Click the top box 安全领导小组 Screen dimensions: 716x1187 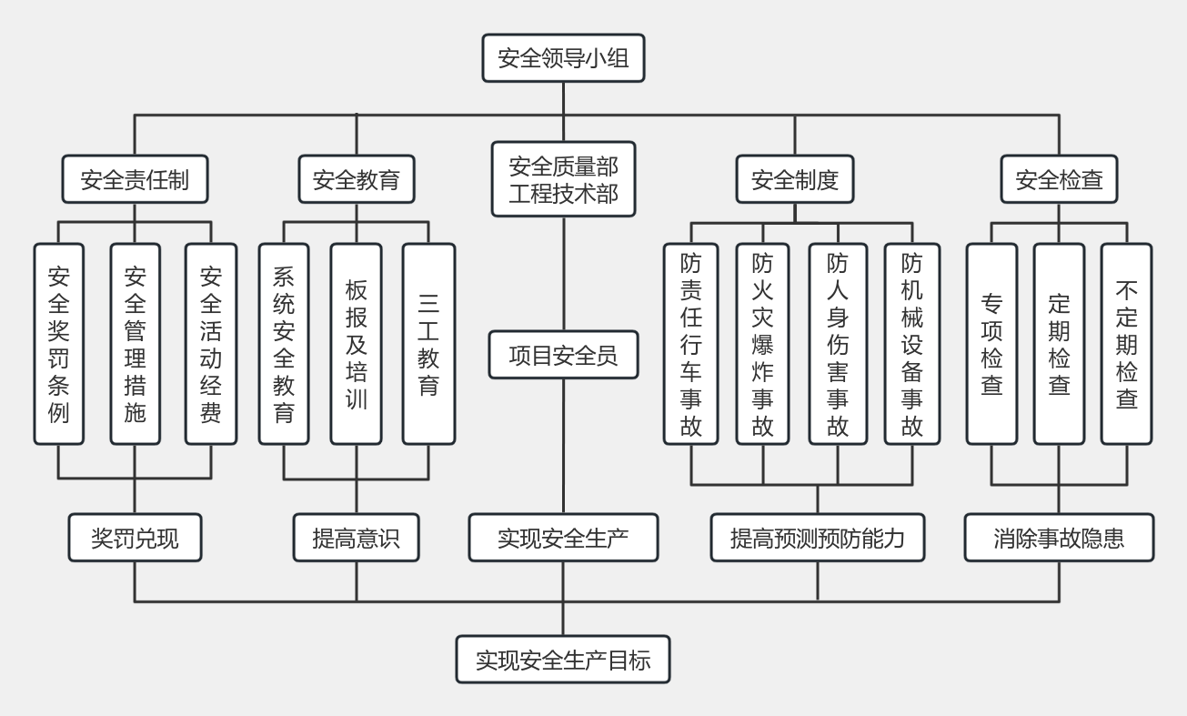563,59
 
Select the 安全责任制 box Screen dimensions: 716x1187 135,179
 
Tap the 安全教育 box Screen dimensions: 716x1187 356,179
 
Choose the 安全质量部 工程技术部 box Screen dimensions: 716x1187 563,179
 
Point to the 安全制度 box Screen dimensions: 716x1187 794,179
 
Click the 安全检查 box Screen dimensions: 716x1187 1059,179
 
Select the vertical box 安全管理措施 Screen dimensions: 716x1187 135,344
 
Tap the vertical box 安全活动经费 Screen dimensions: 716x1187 210,344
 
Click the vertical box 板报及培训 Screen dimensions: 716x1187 356,344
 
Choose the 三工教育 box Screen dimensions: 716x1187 428,344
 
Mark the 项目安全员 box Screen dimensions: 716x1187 563,356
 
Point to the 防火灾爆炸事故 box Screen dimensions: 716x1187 762,344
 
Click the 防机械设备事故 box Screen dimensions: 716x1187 912,344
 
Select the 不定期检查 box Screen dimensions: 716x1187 1126,344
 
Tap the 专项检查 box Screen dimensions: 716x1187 991,344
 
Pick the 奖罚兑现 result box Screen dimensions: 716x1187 135,538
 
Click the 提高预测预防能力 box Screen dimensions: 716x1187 817,538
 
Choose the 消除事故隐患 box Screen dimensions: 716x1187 1059,538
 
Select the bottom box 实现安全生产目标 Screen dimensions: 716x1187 563,660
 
